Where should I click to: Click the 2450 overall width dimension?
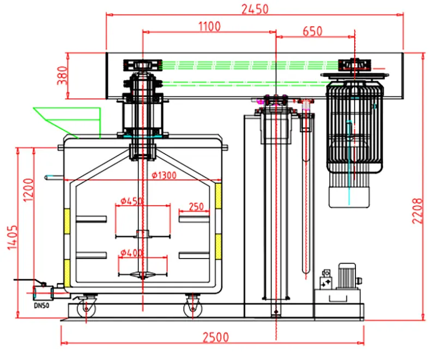click(x=255, y=9)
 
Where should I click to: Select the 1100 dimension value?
click(x=209, y=26)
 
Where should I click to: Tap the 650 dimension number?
click(x=312, y=31)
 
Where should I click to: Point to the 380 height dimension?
click(x=62, y=75)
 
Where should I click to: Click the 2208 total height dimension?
click(x=417, y=211)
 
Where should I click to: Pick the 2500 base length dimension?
click(x=215, y=337)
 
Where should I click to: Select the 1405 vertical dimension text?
click(x=13, y=237)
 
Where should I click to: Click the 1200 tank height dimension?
click(x=28, y=190)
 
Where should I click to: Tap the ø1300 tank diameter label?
click(x=164, y=175)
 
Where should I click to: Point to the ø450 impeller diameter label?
click(x=131, y=201)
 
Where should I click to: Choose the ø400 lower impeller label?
click(x=131, y=253)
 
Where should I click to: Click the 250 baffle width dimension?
click(x=196, y=206)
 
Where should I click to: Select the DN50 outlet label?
click(x=42, y=305)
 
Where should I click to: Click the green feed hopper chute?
click(x=67, y=122)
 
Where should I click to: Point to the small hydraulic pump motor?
click(x=347, y=275)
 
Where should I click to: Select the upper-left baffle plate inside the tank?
click(x=91, y=219)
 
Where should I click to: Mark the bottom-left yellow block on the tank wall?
click(x=67, y=273)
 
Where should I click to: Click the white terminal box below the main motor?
click(x=349, y=197)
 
